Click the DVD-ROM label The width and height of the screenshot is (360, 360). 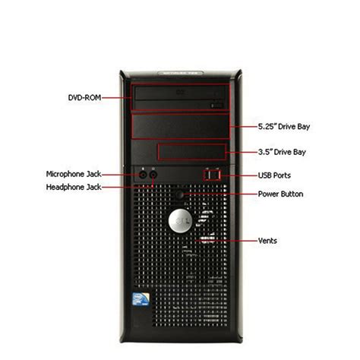click(84, 97)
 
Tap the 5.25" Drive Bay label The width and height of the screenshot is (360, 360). click(284, 126)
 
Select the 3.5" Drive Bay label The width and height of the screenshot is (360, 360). click(282, 152)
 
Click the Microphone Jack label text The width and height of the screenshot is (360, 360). click(74, 174)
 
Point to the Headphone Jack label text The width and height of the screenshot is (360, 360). click(74, 187)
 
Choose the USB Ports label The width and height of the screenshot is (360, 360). click(274, 175)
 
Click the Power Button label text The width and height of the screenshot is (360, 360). click(280, 194)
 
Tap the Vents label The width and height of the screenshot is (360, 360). click(267, 241)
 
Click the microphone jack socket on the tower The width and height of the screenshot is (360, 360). click(144, 175)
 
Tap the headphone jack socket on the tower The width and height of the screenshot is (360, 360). click(153, 175)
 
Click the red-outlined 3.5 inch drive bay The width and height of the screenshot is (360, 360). click(192, 152)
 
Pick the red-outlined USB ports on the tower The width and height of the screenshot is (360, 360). click(212, 175)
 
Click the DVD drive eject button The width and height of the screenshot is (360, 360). click(216, 106)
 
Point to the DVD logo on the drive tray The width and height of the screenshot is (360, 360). click(180, 93)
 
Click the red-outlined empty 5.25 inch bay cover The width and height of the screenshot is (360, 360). click(181, 126)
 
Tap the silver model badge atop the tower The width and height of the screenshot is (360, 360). click(180, 73)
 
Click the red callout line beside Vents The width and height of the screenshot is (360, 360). click(226, 241)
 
